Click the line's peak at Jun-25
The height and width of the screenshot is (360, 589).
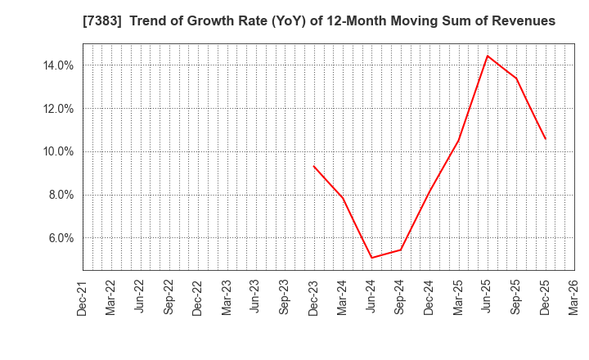(488, 56)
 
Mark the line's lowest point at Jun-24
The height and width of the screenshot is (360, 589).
(371, 258)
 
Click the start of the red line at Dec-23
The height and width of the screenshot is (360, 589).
(314, 166)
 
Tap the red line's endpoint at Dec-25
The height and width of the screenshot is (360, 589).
(545, 138)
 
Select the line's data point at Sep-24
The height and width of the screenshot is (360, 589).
(401, 250)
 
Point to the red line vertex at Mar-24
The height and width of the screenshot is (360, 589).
(343, 198)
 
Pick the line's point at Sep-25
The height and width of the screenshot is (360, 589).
(516, 79)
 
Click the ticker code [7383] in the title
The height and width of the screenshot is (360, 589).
(99, 20)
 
